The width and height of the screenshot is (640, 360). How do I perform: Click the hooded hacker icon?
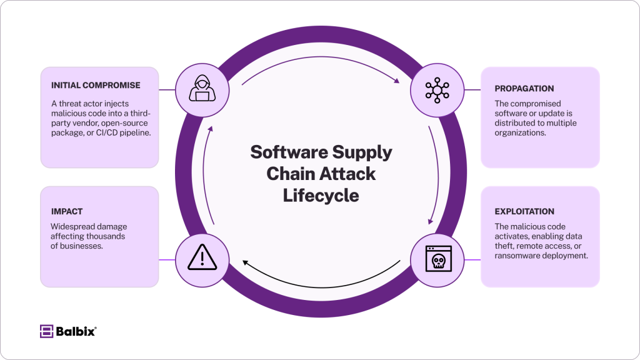[202, 88]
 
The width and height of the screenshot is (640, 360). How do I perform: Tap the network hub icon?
[437, 90]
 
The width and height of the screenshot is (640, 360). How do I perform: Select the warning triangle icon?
[202, 257]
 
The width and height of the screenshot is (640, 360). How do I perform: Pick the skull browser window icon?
[438, 259]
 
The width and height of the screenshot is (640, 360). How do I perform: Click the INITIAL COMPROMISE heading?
[96, 85]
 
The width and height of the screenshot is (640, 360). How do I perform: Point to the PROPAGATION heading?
[524, 89]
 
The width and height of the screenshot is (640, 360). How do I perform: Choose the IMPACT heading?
[67, 211]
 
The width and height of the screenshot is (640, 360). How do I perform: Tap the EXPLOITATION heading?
[524, 211]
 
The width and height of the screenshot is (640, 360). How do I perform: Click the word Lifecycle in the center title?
[321, 196]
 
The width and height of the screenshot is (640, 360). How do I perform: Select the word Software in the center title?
[289, 152]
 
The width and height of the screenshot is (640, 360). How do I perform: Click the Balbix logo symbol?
[46, 331]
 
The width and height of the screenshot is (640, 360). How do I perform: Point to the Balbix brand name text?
[76, 331]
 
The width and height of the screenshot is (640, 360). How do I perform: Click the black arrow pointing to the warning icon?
[321, 287]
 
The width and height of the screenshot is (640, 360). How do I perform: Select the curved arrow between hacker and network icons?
[321, 57]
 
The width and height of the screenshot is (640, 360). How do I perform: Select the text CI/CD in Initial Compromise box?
[106, 132]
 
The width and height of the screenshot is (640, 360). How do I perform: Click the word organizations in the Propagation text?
[520, 132]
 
